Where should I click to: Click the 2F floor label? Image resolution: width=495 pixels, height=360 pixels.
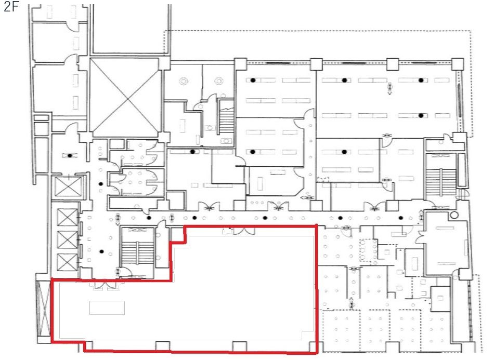(x=11, y=6)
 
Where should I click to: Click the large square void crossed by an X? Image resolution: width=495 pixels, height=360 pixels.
(x=126, y=98)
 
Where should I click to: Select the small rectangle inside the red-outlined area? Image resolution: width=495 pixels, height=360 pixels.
(x=107, y=308)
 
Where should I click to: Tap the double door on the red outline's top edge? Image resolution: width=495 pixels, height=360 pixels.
(x=244, y=230)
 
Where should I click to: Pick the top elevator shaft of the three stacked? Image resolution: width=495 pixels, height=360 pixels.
(x=67, y=217)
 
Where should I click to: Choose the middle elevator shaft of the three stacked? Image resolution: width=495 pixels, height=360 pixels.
(x=67, y=239)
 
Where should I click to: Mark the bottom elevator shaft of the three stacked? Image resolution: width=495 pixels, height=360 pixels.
(x=67, y=262)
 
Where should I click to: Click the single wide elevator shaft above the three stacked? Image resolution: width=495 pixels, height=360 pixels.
(x=68, y=187)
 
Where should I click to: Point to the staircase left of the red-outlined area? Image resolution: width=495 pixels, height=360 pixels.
(x=138, y=251)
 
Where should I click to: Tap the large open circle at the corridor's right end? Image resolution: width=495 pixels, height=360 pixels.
(x=454, y=216)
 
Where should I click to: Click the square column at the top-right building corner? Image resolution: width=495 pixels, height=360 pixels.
(x=458, y=64)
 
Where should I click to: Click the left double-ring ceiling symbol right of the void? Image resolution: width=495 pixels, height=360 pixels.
(x=184, y=82)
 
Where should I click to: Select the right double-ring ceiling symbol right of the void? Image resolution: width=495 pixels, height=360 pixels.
(x=219, y=82)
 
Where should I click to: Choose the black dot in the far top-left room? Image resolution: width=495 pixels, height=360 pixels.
(x=70, y=155)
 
